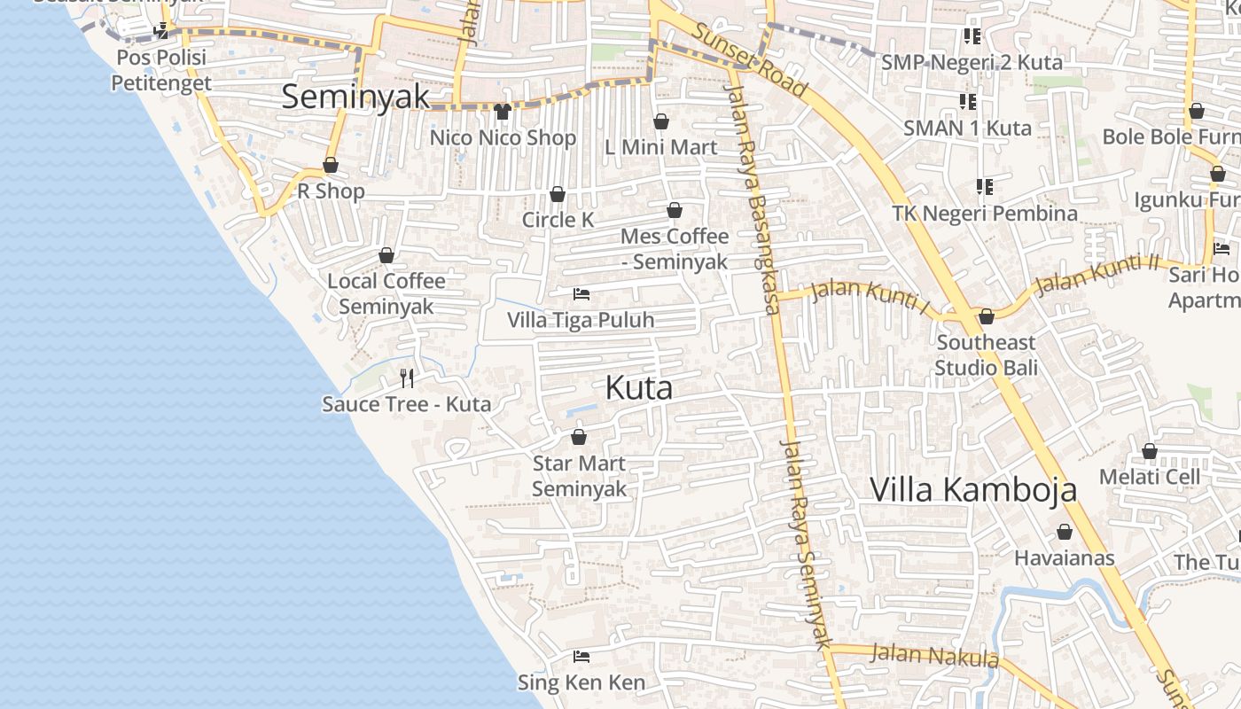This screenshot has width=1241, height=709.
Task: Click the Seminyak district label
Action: pos(355,97)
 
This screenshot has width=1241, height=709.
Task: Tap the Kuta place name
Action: pos(638,388)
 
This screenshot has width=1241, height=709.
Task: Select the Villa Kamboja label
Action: pos(973,490)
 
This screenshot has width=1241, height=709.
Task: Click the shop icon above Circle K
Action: pos(558,194)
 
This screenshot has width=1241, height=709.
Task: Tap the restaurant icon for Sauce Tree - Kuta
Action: pos(407,378)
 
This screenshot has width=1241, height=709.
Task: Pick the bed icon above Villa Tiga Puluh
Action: pos(581,294)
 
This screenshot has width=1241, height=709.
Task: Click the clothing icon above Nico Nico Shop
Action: pos(503,112)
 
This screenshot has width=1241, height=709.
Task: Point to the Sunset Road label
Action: pos(749,59)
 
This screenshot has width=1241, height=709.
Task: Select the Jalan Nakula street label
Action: pos(934,656)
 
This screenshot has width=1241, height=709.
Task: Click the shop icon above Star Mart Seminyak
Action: pos(579,437)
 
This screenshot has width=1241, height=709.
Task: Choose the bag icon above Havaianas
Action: pos(1064,532)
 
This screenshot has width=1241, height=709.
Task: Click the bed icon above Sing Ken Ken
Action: pos(581,657)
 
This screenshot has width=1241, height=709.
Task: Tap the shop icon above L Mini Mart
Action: pos(660,121)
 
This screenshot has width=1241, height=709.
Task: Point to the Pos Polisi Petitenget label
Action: pos(160,70)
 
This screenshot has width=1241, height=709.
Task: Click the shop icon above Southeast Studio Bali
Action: pos(986,316)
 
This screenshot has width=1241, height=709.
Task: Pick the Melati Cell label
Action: pos(1149,477)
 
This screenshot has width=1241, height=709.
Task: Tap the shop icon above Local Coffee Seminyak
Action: pos(386,255)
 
